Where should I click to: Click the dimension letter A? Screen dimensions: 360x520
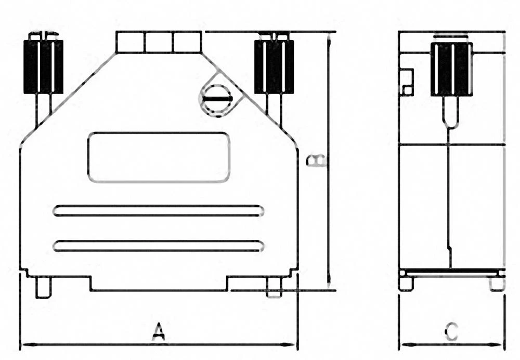159,331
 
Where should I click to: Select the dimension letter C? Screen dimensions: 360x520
452,331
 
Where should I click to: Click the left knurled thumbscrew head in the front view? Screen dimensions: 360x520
43,67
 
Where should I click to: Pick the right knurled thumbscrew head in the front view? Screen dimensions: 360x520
274,67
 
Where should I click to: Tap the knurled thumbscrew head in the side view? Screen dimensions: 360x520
451,69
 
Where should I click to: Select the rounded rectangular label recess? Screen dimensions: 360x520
159,157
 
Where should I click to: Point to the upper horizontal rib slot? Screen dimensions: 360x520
159,210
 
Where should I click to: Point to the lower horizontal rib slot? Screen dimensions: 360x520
159,246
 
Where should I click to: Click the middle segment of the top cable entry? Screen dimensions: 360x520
159,42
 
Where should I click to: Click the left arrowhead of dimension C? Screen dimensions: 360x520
404,344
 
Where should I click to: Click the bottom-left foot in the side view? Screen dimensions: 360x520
406,284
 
